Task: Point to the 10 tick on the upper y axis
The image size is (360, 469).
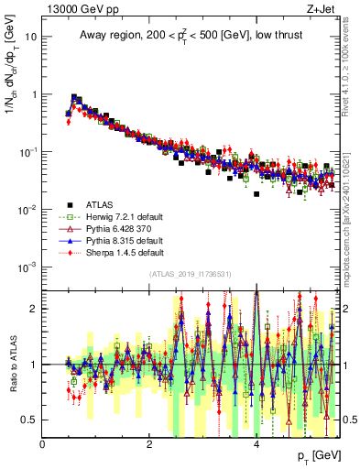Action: coord(32,38)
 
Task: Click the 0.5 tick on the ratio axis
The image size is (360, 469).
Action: coord(31,420)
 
